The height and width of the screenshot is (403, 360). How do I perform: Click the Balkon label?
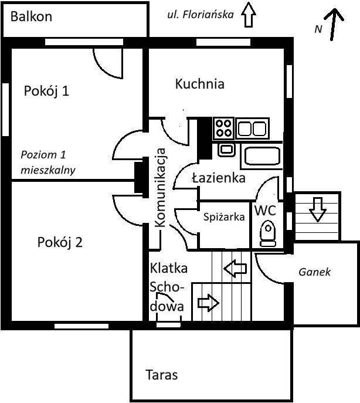click(31, 16)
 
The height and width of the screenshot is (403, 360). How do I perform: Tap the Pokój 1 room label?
click(47, 91)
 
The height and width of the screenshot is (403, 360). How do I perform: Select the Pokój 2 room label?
click(59, 242)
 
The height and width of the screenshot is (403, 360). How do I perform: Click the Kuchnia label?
click(199, 84)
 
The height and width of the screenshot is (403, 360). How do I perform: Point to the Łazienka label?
click(218, 178)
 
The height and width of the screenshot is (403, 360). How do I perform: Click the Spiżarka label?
click(223, 216)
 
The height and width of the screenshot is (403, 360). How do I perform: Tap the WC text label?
click(264, 210)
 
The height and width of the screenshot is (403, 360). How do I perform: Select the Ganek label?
click(315, 272)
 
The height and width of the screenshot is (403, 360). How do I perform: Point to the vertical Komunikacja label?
click(161, 188)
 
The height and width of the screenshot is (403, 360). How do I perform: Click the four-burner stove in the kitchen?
click(223, 127)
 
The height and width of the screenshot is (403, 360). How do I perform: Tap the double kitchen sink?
click(253, 127)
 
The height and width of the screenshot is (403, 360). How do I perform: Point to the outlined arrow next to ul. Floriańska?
click(249, 15)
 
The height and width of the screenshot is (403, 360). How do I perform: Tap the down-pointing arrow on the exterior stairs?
click(317, 209)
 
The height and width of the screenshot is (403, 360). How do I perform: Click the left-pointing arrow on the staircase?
click(235, 269)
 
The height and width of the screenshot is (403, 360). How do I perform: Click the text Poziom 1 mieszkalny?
click(49, 162)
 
